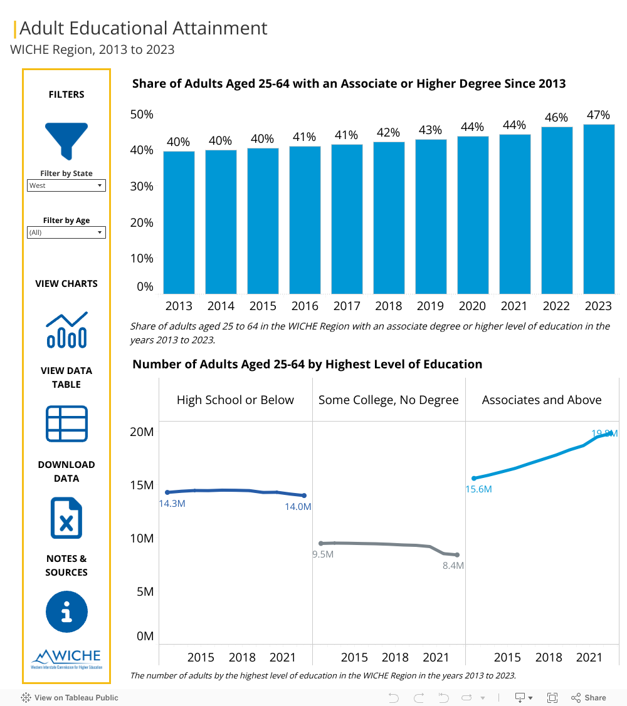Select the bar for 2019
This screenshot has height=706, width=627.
pyautogui.click(x=431, y=216)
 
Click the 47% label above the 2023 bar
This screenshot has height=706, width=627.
pyautogui.click(x=598, y=115)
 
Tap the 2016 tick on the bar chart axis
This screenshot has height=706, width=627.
pyautogui.click(x=305, y=306)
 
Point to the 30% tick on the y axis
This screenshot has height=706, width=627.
pyautogui.click(x=142, y=186)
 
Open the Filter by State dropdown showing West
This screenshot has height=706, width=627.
pyautogui.click(x=66, y=185)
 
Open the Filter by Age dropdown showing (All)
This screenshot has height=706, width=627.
pyautogui.click(x=66, y=232)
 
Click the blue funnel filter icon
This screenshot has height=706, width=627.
pyautogui.click(x=66, y=140)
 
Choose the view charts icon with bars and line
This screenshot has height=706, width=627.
pyautogui.click(x=66, y=330)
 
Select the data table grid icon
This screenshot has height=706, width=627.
pyautogui.click(x=66, y=423)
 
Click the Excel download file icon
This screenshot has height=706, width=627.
pyautogui.click(x=66, y=517)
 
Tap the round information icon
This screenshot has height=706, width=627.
pyautogui.click(x=66, y=611)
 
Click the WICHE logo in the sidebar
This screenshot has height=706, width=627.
pyautogui.click(x=66, y=658)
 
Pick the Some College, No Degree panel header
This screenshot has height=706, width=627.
pyautogui.click(x=389, y=400)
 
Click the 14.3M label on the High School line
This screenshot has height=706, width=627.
pyautogui.click(x=172, y=503)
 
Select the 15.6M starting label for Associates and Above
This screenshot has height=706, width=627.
pyautogui.click(x=478, y=489)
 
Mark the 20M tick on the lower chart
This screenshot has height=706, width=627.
pyautogui.click(x=142, y=432)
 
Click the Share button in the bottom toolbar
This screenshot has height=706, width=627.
pyautogui.click(x=589, y=697)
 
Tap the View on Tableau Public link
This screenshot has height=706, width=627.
pyautogui.click(x=70, y=697)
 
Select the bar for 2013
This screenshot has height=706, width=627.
pyautogui.click(x=179, y=222)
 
